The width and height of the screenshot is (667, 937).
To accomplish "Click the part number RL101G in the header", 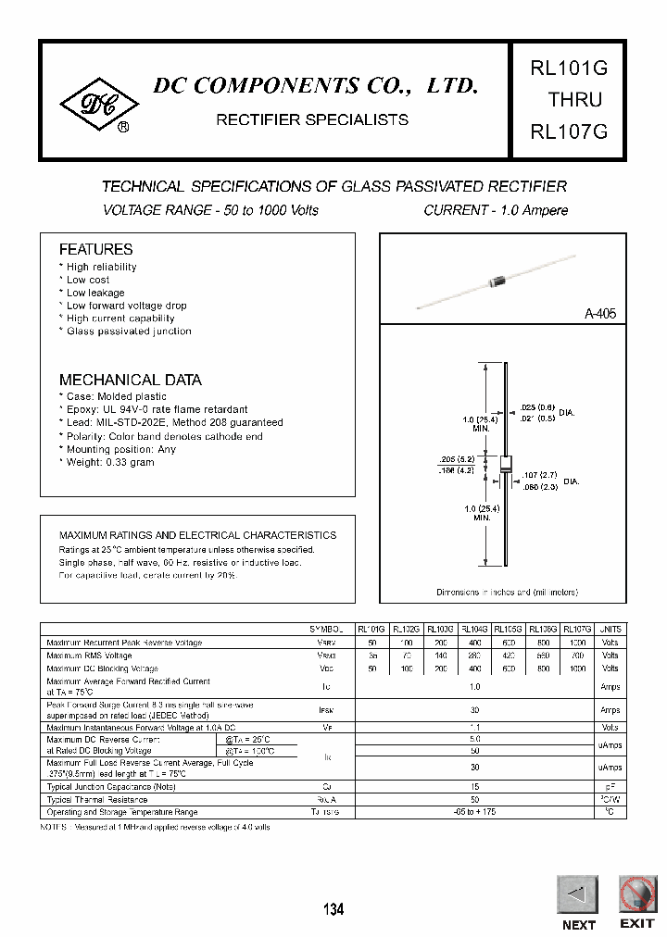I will click(568, 69).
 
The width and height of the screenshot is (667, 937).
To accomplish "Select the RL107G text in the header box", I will click(568, 131).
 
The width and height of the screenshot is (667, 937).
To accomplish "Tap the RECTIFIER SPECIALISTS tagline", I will click(311, 120).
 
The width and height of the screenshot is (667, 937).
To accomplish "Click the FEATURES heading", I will click(95, 249).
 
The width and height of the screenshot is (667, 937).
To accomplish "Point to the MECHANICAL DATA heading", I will click(130, 380).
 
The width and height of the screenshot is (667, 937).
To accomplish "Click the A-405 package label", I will click(599, 314).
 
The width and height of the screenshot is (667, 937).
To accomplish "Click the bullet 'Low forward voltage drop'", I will click(126, 306).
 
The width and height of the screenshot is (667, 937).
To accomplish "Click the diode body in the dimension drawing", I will click(506, 465).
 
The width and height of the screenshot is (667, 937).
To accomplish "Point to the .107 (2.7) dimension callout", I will click(540, 474).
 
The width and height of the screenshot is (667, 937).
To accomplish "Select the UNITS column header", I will click(610, 629).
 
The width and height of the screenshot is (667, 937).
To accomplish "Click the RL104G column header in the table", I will click(474, 629).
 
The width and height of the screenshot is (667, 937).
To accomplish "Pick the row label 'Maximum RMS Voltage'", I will click(90, 655).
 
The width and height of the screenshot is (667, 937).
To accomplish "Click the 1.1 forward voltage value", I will click(474, 728).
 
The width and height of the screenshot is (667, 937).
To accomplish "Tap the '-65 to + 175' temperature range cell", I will click(474, 812).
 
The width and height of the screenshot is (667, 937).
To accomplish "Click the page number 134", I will click(333, 910).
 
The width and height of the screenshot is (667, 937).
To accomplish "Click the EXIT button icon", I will click(636, 894).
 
